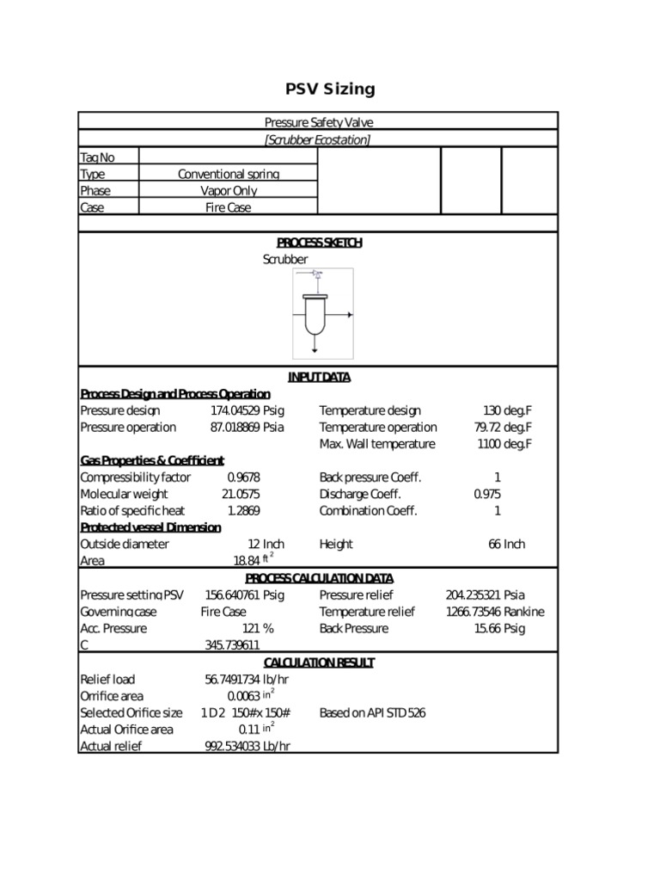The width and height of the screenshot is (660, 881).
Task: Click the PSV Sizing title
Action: coord(330,89)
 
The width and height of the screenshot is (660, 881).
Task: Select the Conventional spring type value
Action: coord(228,174)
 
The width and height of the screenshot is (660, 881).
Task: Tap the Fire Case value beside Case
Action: coord(228,207)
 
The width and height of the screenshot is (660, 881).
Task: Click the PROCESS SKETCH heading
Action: coord(319,243)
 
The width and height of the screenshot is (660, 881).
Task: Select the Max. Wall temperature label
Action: coord(377,444)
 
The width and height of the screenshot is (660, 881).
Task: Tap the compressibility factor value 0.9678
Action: coord(243,477)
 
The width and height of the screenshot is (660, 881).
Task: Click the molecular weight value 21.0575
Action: coord(241,494)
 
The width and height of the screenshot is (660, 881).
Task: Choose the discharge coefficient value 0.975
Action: coord(486,494)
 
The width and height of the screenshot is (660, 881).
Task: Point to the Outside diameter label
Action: coord(125,544)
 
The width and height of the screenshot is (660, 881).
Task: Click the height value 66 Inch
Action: coord(506,544)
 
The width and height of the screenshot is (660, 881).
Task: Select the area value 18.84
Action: coord(247,561)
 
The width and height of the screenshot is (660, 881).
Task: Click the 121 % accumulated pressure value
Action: coord(257,628)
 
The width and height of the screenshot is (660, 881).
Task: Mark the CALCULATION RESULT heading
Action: coord(319,662)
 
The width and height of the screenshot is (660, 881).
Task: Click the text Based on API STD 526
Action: coord(372,712)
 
